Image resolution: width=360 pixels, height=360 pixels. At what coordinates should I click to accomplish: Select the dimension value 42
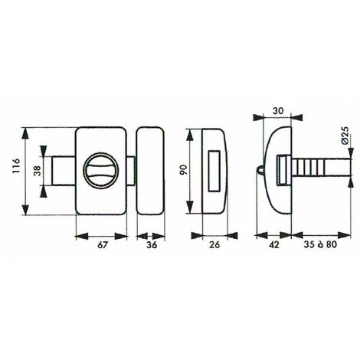273,246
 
